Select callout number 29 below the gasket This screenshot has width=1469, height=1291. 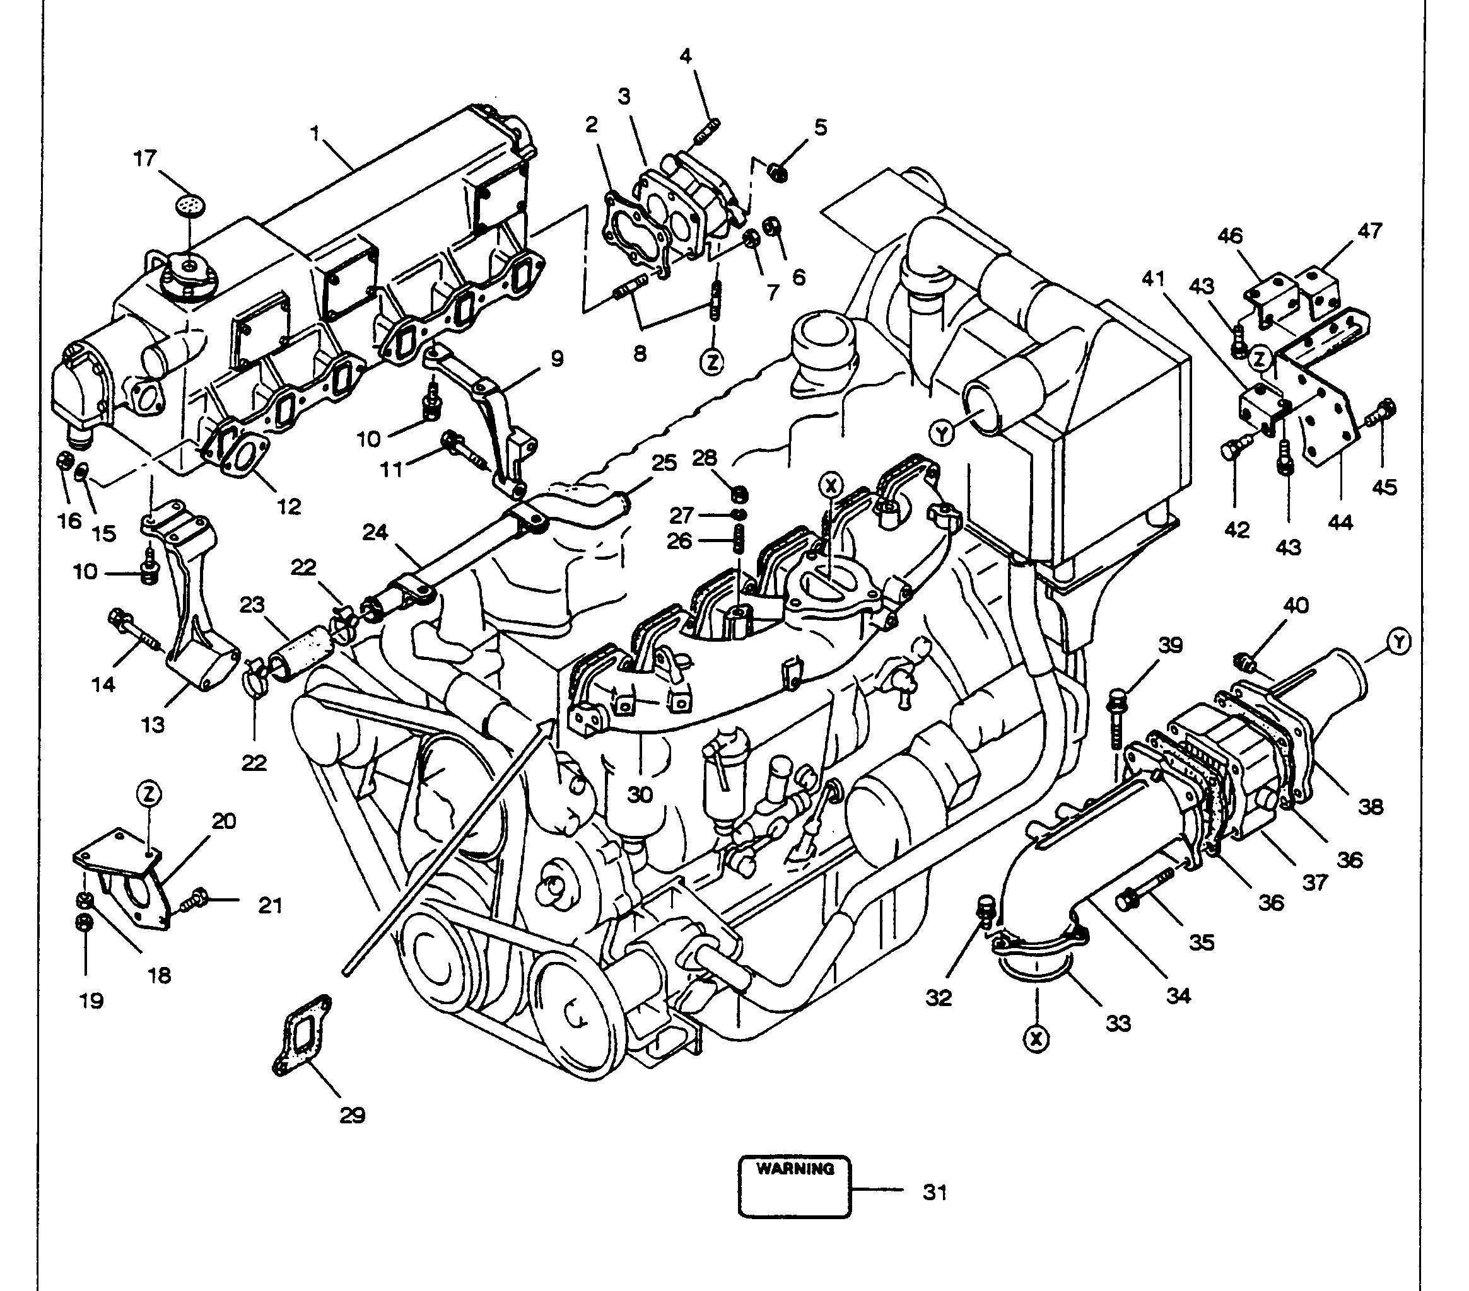tap(352, 1115)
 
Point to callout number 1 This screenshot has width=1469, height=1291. tap(314, 133)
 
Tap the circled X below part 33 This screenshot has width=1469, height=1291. tap(1036, 1039)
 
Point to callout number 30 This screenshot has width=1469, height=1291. tap(639, 794)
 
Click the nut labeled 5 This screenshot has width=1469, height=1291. tap(778, 171)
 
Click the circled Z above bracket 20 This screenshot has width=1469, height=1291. tap(149, 794)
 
